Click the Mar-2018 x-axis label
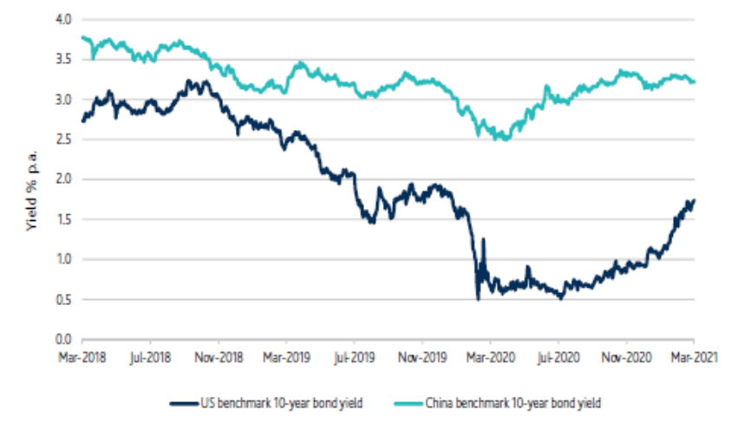(82, 355)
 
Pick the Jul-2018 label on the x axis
(152, 355)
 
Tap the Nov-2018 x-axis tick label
(219, 355)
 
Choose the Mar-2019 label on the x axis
(286, 355)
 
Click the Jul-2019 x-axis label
(354, 355)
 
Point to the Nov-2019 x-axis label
(421, 355)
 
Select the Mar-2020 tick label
(490, 355)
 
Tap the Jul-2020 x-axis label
(558, 355)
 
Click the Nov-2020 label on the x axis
(625, 355)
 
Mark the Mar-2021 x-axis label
(694, 355)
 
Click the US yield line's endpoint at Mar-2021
(694, 200)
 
